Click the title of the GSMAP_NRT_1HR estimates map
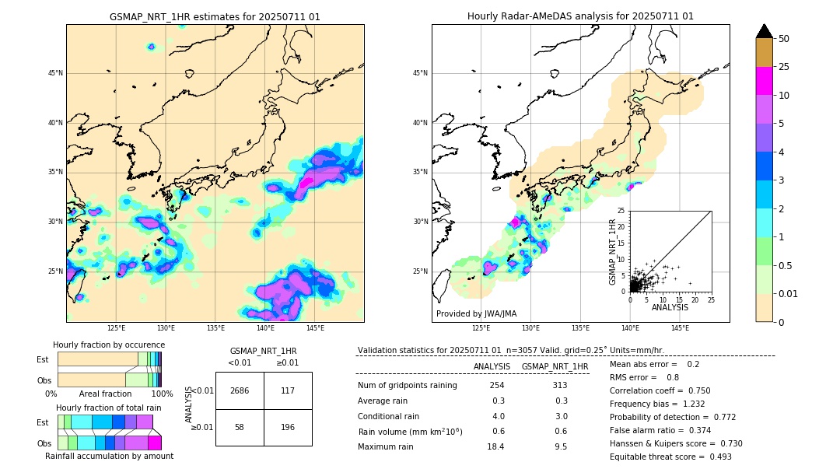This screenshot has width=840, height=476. (215, 16)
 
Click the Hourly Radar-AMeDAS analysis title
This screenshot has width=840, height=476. (580, 16)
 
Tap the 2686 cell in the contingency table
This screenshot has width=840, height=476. (240, 390)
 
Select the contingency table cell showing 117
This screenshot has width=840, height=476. (288, 390)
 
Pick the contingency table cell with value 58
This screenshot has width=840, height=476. (240, 428)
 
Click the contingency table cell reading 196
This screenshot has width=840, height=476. (288, 428)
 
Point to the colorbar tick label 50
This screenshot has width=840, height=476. (784, 39)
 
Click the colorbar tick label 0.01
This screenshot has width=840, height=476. (789, 293)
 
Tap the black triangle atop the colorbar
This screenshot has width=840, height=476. (765, 31)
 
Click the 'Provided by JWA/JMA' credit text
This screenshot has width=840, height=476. (476, 313)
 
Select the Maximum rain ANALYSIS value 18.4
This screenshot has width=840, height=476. (495, 446)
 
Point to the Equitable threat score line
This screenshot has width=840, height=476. (670, 457)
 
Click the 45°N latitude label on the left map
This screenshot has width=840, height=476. (55, 73)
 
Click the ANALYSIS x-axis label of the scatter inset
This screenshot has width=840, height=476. (670, 307)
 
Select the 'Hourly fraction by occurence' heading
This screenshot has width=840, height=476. (109, 345)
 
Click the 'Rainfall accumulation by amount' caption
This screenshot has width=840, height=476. (109, 456)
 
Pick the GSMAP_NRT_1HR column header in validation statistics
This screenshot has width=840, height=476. (555, 366)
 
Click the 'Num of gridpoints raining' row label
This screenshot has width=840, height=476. (407, 385)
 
